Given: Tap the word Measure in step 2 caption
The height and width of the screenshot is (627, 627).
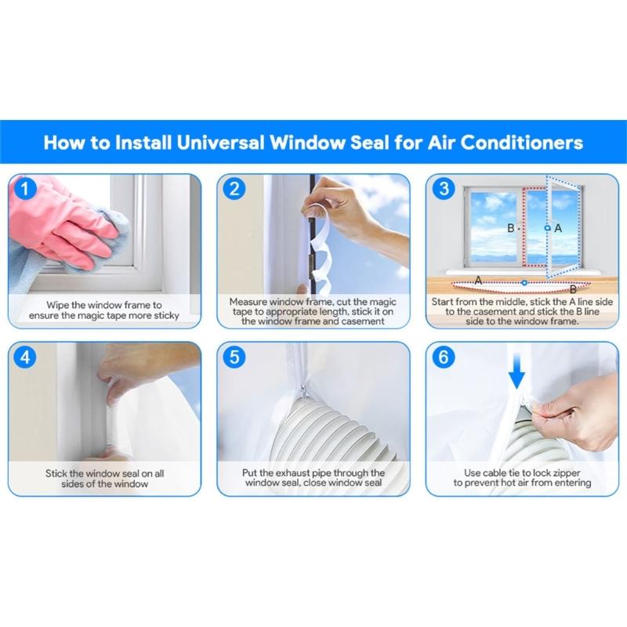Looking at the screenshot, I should (250, 301).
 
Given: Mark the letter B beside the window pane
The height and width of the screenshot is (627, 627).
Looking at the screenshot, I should (510, 228).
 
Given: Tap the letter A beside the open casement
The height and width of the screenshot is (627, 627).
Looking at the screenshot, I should (558, 227).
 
